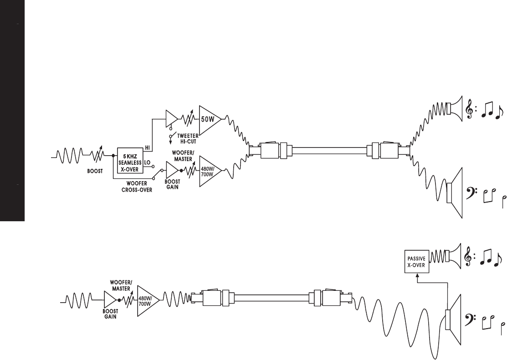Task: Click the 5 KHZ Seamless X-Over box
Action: pyautogui.click(x=131, y=161)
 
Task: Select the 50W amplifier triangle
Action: pyautogui.click(x=209, y=120)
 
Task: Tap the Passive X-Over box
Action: pyautogui.click(x=417, y=262)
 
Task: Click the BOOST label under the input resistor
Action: pyautogui.click(x=96, y=173)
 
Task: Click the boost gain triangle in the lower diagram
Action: pyautogui.click(x=110, y=299)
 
